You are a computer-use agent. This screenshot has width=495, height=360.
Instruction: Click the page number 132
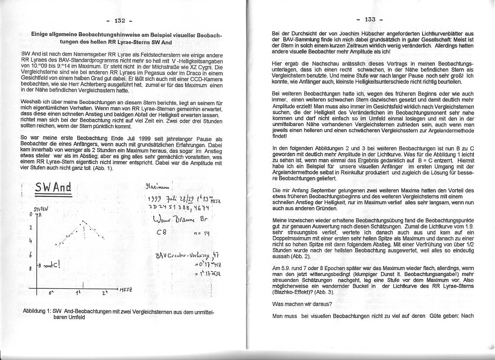tap(120, 20)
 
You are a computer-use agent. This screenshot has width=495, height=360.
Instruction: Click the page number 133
tap(369, 19)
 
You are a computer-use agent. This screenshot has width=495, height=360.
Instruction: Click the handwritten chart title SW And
tap(53, 187)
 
